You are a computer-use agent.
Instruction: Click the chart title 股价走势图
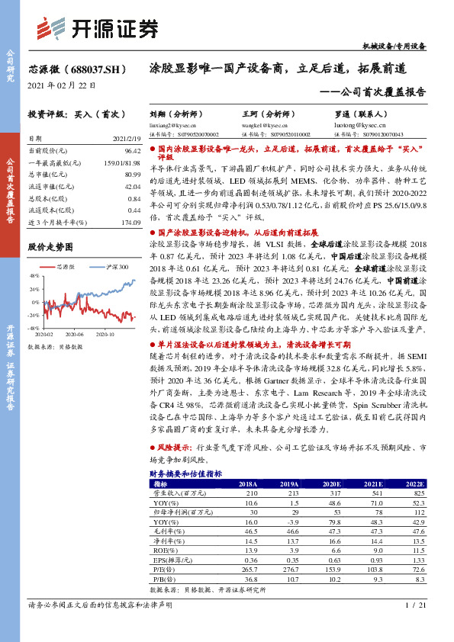click(50, 247)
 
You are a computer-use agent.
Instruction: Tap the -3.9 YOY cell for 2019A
click(289, 522)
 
